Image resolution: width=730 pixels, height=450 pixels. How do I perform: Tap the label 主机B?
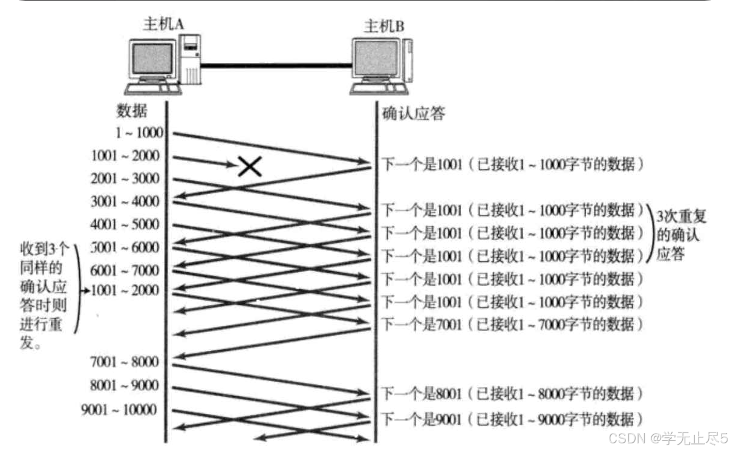(x=383, y=26)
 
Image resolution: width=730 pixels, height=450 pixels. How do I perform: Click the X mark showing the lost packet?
(x=249, y=166)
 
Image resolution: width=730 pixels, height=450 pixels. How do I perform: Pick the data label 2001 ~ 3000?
(x=125, y=179)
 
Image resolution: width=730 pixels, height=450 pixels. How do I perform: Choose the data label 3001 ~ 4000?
(x=125, y=201)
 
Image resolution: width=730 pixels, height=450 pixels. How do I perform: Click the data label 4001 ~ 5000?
(x=125, y=224)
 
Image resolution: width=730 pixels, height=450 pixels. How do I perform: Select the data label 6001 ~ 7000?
(x=125, y=270)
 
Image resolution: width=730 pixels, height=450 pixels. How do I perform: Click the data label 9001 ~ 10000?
(x=119, y=410)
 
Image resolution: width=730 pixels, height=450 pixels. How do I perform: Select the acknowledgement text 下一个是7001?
(x=421, y=324)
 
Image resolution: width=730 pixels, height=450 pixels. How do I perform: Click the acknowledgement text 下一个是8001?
(x=421, y=394)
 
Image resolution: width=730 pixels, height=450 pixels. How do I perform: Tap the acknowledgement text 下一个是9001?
(x=421, y=419)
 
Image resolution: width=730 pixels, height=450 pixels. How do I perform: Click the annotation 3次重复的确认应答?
(x=682, y=235)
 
